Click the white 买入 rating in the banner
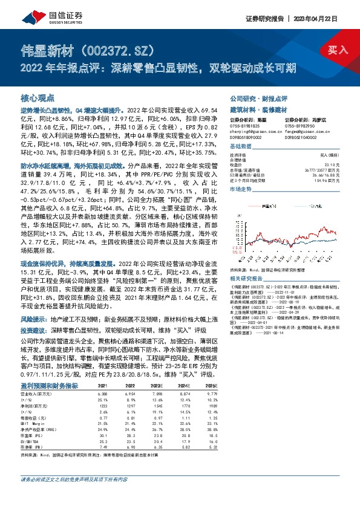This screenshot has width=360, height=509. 336,51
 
